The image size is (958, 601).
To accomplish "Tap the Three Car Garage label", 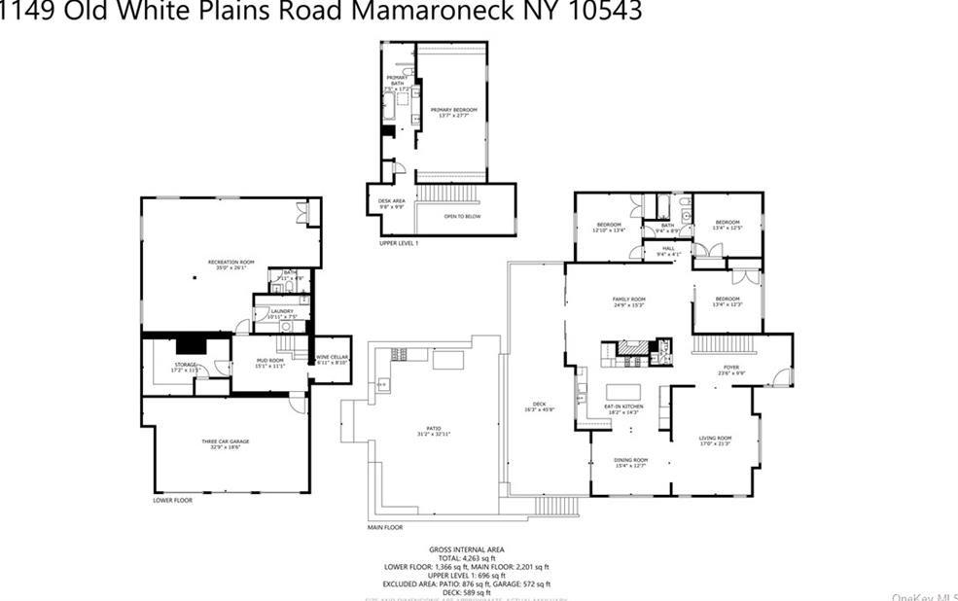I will point(226,443).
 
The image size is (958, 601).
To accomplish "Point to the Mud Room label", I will point(269,363).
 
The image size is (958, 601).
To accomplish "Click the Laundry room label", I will point(282,312).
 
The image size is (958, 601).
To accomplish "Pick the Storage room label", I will point(185,366).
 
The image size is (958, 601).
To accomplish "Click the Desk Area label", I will point(391,202).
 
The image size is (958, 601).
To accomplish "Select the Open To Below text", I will point(462,216).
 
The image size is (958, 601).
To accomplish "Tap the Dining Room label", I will point(630,461).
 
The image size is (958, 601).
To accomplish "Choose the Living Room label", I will point(715,441).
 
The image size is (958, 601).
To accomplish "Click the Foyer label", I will point(730,370).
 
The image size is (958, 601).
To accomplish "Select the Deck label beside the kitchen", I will point(539,406).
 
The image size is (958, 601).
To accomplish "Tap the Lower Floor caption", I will point(172,501).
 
